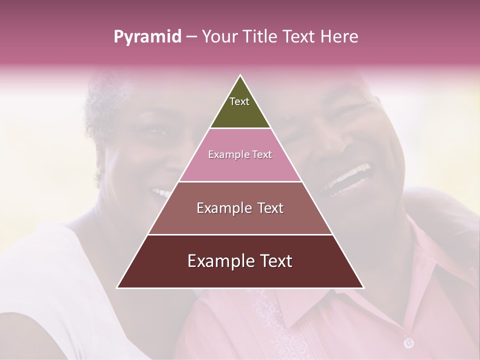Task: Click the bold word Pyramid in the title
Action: click(147, 37)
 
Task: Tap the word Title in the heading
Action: click(262, 37)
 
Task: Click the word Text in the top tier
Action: click(239, 101)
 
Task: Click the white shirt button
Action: click(408, 342)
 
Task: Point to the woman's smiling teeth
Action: click(161, 192)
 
